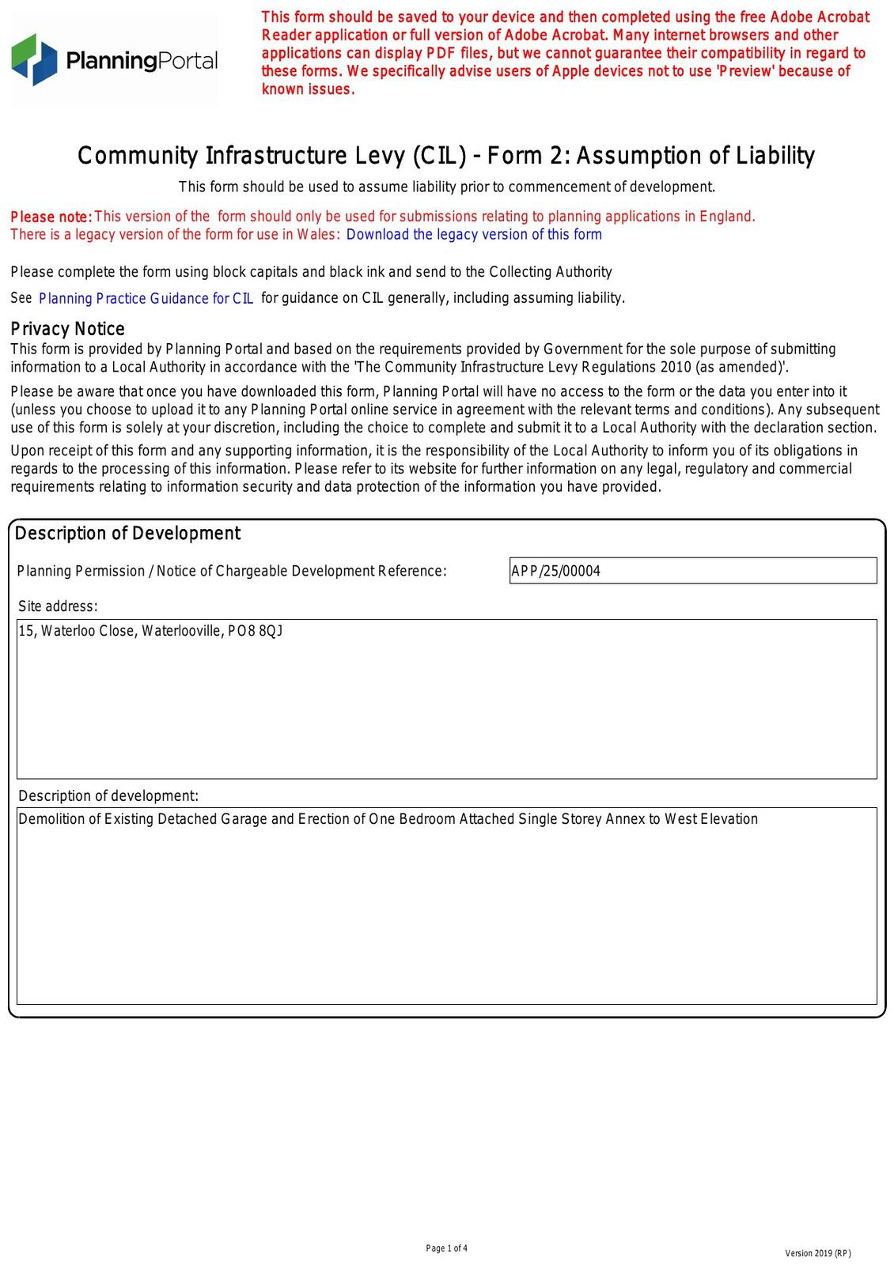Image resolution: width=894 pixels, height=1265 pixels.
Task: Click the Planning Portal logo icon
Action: (x=34, y=59)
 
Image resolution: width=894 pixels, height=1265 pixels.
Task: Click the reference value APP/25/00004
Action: (x=555, y=571)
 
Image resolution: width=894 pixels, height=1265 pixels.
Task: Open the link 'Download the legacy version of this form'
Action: (x=474, y=235)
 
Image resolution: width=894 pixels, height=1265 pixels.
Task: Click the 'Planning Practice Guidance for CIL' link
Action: (x=146, y=298)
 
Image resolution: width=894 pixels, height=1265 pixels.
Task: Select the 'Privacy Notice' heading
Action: (x=67, y=329)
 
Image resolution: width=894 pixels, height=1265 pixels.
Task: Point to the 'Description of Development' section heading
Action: (x=127, y=534)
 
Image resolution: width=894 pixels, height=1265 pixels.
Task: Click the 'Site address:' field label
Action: (x=58, y=606)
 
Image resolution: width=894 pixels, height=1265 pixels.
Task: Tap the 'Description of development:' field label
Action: (x=108, y=795)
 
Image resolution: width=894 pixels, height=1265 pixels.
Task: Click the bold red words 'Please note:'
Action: (x=51, y=217)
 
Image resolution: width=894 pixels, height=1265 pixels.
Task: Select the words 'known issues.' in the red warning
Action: (x=308, y=89)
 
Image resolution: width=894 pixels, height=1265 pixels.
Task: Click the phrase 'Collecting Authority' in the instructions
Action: (x=551, y=272)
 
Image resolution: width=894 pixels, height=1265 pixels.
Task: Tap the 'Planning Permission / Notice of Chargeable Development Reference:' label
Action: (x=232, y=571)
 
